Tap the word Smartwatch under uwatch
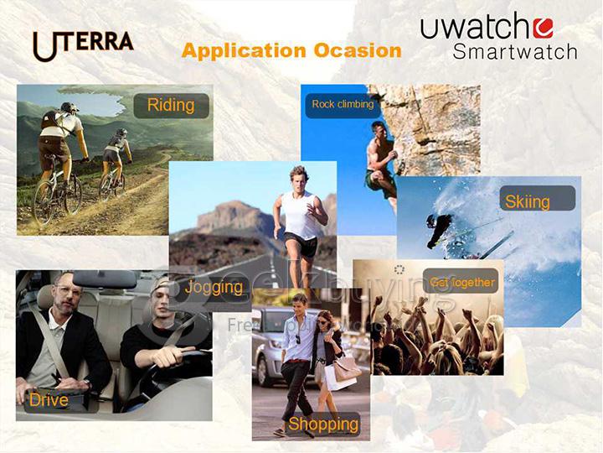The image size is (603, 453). (515, 51)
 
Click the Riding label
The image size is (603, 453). (170, 105)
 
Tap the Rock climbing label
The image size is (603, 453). (343, 105)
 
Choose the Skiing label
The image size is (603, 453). (527, 201)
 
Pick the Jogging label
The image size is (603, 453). (214, 287)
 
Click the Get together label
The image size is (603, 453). (462, 283)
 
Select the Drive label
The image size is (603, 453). (49, 399)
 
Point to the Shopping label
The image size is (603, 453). (323, 424)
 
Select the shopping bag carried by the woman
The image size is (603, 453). (345, 367)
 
